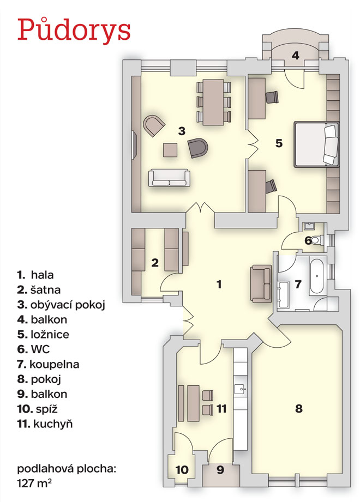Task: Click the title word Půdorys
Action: [74, 30]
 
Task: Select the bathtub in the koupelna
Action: [316, 276]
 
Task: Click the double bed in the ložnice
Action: [316, 144]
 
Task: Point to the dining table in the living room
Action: [213, 102]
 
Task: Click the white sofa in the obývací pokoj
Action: [169, 178]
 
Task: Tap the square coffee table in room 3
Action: [170, 150]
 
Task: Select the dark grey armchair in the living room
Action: [199, 148]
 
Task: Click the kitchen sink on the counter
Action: [240, 390]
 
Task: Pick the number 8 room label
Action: [299, 408]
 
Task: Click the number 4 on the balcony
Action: [295, 56]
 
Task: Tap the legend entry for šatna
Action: [39, 290]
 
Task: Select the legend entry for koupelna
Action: [48, 364]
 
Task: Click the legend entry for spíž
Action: [38, 409]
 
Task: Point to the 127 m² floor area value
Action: [34, 483]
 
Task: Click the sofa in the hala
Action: [261, 283]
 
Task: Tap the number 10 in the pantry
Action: [182, 470]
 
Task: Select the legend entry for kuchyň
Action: [45, 424]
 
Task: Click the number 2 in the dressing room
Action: [155, 263]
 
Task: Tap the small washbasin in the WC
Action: [309, 226]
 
